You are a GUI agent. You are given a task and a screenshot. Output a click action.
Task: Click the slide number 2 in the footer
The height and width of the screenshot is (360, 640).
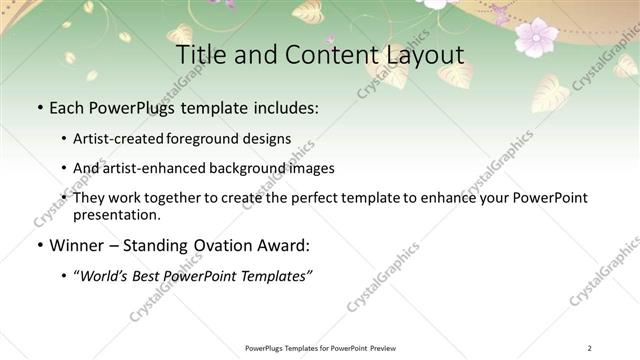[x=589, y=348]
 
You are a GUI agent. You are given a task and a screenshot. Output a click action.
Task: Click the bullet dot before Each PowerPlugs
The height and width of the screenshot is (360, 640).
[x=39, y=106]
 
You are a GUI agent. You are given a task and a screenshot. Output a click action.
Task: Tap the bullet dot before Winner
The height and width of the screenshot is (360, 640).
[x=39, y=245]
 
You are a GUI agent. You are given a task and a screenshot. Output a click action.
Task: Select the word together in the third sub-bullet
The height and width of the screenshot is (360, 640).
[x=205, y=198]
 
